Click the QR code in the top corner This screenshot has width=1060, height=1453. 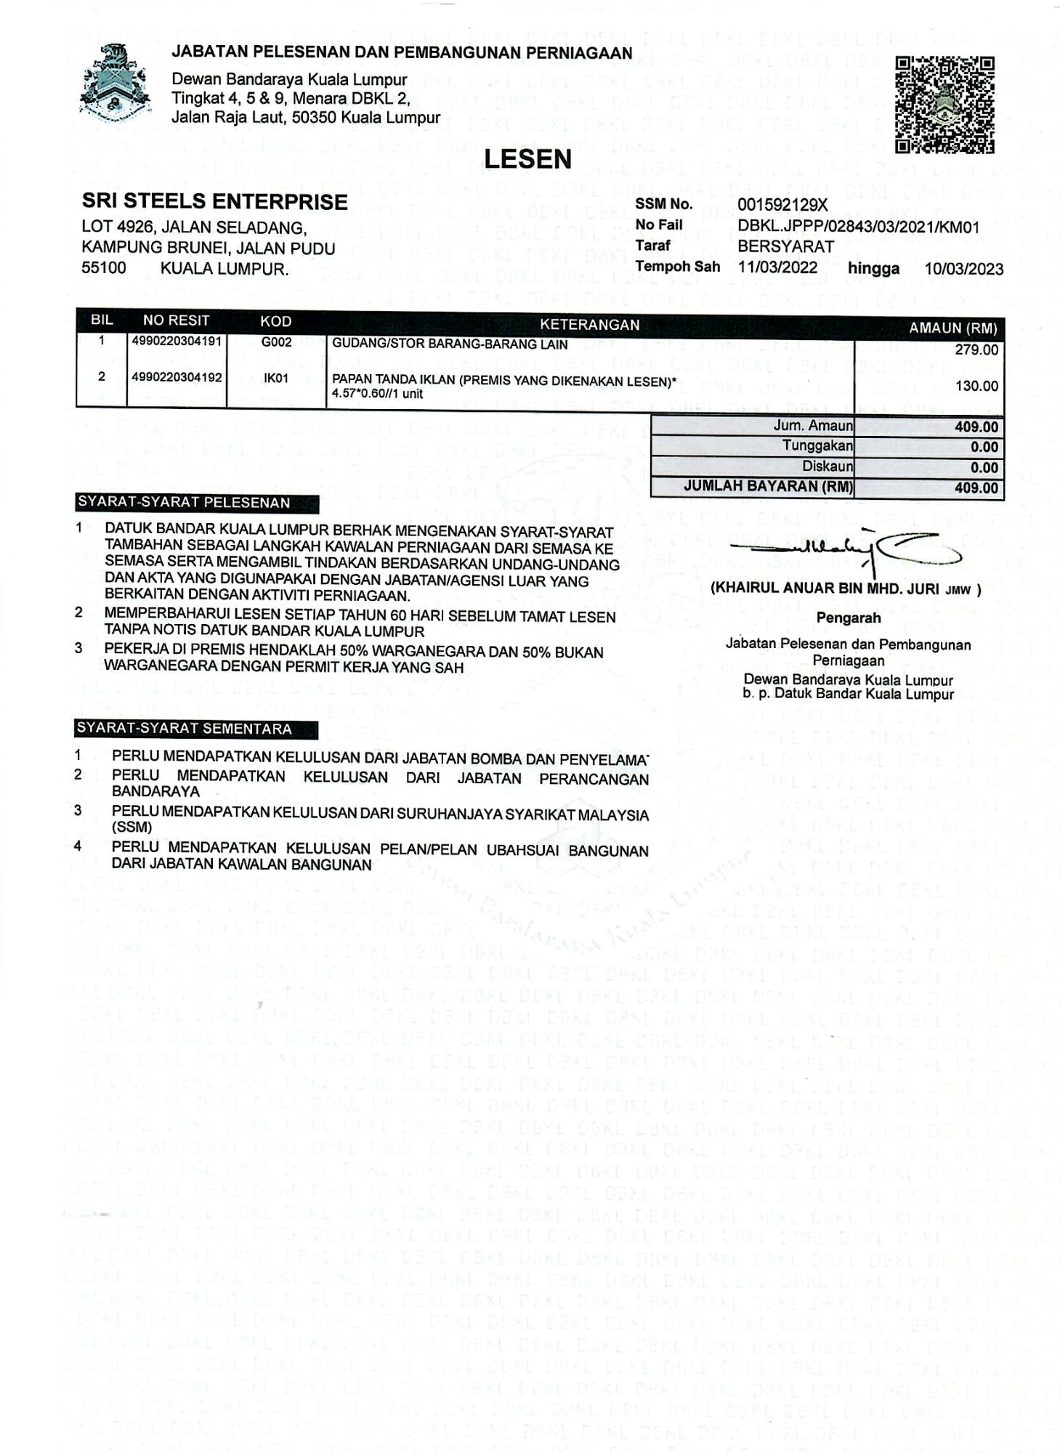[944, 105]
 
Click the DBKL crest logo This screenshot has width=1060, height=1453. [115, 84]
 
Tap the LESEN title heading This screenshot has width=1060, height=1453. [527, 159]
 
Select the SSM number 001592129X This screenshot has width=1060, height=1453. [782, 206]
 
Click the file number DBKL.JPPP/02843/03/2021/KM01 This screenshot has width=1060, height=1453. [858, 227]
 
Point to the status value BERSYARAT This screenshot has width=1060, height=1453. [785, 246]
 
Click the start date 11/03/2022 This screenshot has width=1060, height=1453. [777, 267]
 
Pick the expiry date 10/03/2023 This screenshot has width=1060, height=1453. [963, 269]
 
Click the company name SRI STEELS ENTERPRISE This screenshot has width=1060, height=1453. [214, 201]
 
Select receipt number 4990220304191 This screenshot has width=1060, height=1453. [177, 341]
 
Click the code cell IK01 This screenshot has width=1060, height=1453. [276, 378]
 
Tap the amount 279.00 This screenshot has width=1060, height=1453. [976, 350]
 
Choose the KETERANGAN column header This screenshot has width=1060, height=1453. [589, 325]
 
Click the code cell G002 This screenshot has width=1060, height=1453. [276, 341]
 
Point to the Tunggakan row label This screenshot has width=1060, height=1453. [817, 445]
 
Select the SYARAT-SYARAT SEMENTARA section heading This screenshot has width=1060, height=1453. [185, 729]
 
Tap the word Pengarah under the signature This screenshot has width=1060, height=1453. [848, 618]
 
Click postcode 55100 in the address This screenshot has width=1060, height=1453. [104, 267]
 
